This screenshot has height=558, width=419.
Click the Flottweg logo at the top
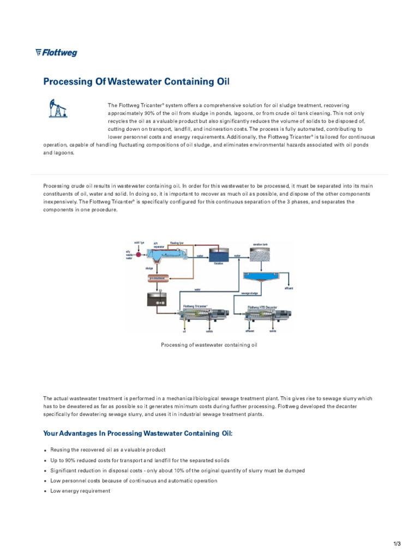[56, 53]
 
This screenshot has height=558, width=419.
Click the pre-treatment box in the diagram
[157, 278]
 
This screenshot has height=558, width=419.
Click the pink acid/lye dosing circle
[139, 254]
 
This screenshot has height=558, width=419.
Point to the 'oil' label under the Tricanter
[184, 331]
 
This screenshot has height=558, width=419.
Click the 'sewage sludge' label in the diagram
[249, 293]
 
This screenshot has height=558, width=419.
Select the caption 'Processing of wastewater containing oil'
[209, 345]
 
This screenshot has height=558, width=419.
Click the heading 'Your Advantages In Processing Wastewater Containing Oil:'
[137, 433]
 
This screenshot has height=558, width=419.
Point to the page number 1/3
[397, 544]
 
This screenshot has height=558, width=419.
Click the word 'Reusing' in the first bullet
[61, 450]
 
